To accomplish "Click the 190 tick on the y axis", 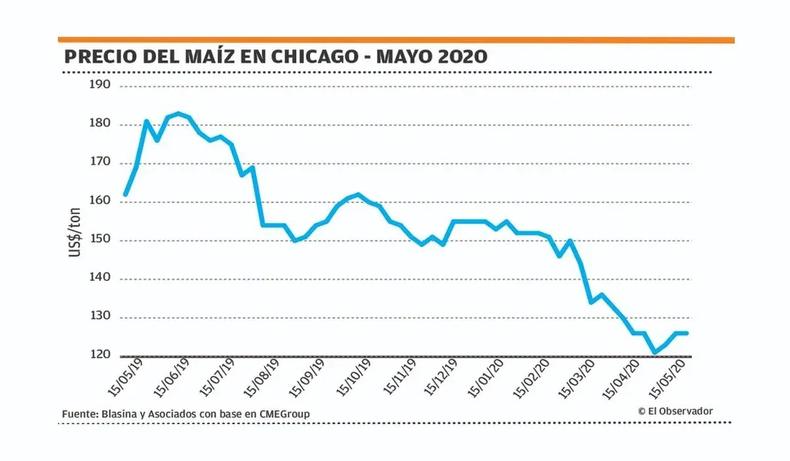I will [101, 85].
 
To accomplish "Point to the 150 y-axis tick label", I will [101, 239].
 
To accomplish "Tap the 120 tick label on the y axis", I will [101, 355].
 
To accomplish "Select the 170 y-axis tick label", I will [101, 163].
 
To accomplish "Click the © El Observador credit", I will [675, 411].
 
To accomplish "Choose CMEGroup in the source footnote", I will [282, 415].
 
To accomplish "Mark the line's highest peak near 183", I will [178, 114].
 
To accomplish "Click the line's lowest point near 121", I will [654, 352].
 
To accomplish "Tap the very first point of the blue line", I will [125, 195].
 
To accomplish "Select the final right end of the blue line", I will [687, 333].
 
